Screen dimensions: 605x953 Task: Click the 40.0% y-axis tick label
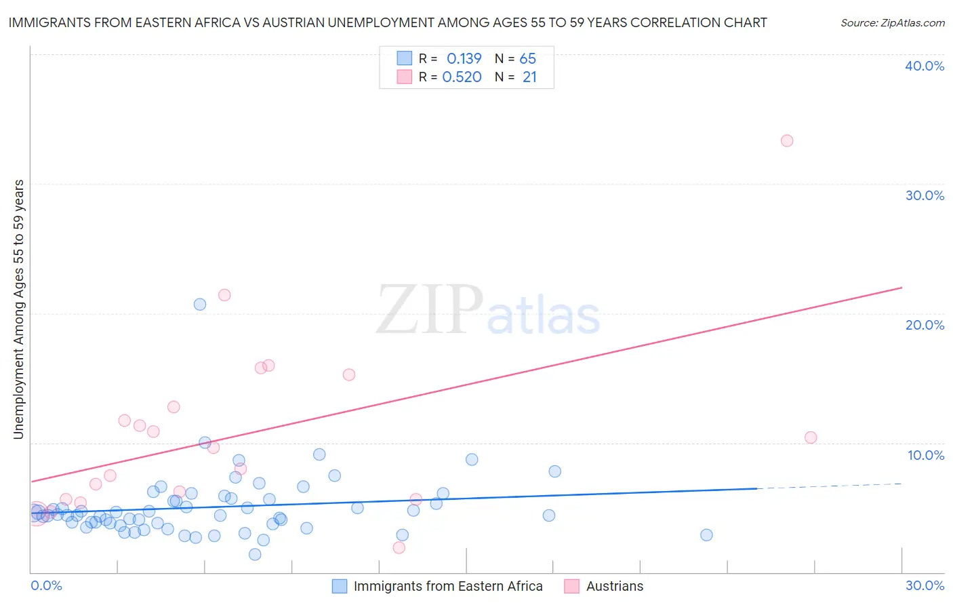925,66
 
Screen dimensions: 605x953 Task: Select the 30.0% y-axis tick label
925,195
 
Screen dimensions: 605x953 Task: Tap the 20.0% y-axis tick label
925,325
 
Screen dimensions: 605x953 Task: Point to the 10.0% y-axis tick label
926,455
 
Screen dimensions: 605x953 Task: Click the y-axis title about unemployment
18,309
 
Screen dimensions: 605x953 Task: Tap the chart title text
388,22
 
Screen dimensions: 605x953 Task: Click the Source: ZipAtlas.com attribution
892,23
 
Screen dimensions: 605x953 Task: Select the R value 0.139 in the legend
464,59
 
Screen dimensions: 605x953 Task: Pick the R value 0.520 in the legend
462,77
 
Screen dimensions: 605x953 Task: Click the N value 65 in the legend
527,59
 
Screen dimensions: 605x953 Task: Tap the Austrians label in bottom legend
614,586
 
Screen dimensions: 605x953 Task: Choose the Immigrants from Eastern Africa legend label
447,586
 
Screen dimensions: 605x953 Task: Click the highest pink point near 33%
787,141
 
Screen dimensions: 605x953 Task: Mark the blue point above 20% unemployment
200,305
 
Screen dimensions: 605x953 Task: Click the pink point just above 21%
224,295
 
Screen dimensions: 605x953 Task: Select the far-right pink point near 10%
811,437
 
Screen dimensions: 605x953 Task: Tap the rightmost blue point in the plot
706,535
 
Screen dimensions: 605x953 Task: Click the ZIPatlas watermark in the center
488,311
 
